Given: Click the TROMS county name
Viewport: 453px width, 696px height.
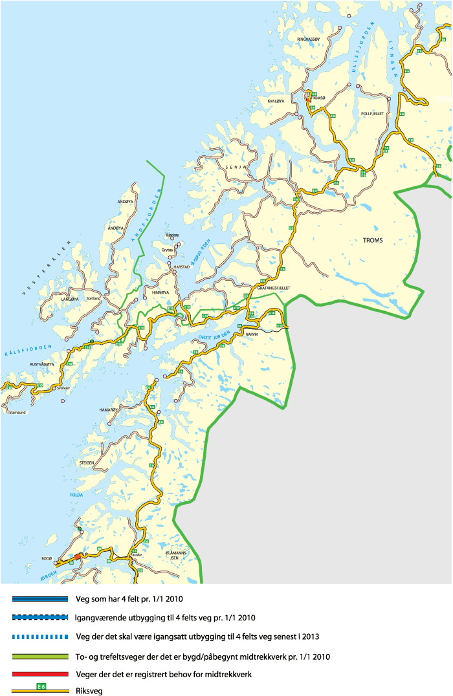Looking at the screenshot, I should [x=373, y=240].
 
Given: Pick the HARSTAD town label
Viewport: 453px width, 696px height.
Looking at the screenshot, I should [x=182, y=266].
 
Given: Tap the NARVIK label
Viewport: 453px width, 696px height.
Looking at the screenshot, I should [x=251, y=334].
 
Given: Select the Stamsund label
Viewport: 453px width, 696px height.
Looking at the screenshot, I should [x=16, y=411].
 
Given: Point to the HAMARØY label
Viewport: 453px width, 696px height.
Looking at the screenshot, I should [x=108, y=410].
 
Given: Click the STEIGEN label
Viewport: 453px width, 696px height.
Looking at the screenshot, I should [x=86, y=463].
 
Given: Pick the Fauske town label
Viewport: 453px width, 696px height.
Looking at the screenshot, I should [x=135, y=554].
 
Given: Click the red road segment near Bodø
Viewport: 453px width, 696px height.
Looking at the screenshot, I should [x=77, y=556].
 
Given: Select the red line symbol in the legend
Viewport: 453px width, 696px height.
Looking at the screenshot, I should [x=40, y=673].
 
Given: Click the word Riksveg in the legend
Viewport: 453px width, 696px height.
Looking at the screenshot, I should [x=88, y=690].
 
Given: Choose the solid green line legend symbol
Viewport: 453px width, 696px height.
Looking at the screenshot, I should [x=40, y=657].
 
